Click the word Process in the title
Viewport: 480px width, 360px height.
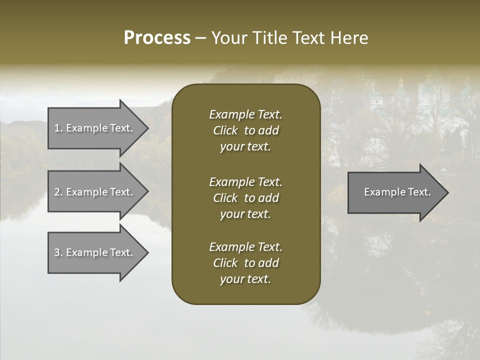point(157,38)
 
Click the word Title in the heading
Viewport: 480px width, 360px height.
point(268,38)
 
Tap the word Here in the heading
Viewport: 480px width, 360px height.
point(349,38)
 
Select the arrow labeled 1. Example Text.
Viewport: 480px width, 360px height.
point(93,128)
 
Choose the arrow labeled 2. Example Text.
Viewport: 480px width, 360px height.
point(93,192)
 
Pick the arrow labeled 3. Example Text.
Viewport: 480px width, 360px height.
point(93,252)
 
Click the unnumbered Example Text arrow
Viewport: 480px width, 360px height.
point(397,192)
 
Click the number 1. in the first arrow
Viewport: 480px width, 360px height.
point(58,128)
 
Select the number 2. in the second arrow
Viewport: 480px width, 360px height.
point(58,192)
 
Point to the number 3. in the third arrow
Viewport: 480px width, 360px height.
point(58,252)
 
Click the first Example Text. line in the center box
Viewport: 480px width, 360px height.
point(245,114)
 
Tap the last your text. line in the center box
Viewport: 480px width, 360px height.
point(245,279)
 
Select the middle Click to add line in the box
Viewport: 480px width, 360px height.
point(245,198)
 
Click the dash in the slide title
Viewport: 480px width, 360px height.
point(200,38)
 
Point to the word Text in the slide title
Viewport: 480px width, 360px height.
point(309,38)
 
